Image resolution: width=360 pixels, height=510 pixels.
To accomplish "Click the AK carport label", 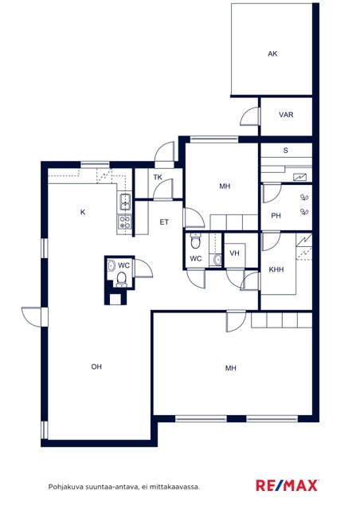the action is [x=272, y=54].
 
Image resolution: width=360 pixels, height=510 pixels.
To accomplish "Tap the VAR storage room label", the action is [x=286, y=115].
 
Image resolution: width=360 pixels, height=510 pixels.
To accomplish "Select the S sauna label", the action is [x=285, y=151].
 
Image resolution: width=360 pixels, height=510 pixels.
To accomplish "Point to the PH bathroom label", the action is [x=276, y=216].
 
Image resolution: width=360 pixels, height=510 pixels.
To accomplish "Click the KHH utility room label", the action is [x=276, y=269].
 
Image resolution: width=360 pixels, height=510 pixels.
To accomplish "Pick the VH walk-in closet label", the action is [x=234, y=253].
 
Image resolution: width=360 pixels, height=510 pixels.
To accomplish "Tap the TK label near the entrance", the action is [x=158, y=177].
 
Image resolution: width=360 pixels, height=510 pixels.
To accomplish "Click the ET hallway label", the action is [x=164, y=222].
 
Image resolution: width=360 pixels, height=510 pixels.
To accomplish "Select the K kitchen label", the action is [x=83, y=213].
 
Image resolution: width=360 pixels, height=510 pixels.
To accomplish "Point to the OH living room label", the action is [x=96, y=367].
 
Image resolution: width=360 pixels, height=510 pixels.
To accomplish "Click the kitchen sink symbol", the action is [x=125, y=202].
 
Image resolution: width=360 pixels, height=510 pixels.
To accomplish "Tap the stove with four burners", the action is [x=125, y=222].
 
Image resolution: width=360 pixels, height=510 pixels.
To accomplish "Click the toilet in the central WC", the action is [x=121, y=280].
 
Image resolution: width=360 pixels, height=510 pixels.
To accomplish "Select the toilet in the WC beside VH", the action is [x=195, y=241].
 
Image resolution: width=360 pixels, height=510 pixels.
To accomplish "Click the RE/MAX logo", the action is [x=287, y=485].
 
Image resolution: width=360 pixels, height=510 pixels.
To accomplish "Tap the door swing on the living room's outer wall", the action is [x=32, y=317].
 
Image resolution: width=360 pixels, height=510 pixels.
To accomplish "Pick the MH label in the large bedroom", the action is [x=230, y=368].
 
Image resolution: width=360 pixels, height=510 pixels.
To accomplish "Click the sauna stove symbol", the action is [x=299, y=177].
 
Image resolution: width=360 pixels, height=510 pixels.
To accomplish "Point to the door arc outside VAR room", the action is [x=250, y=116].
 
